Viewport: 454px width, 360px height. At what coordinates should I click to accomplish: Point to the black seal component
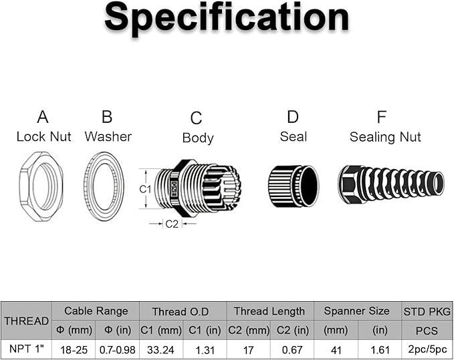pyautogui.click(x=294, y=186)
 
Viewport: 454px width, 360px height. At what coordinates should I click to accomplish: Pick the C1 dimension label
pyautogui.click(x=145, y=189)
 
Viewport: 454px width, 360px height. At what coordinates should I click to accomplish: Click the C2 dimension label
pyautogui.click(x=172, y=224)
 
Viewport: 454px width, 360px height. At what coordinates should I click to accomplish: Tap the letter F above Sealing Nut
pyautogui.click(x=381, y=117)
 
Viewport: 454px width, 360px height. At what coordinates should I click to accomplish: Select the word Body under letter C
pyautogui.click(x=198, y=138)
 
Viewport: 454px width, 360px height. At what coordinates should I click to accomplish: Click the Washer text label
pyautogui.click(x=108, y=136)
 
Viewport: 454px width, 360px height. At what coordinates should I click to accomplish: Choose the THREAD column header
pyautogui.click(x=26, y=321)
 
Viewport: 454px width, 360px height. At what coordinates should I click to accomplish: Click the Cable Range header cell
pyautogui.click(x=96, y=311)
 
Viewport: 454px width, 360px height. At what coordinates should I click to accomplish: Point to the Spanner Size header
pyautogui.click(x=356, y=311)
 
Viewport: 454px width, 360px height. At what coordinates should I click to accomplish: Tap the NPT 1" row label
pyautogui.click(x=26, y=349)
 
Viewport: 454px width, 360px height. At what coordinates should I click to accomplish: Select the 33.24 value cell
pyautogui.click(x=160, y=350)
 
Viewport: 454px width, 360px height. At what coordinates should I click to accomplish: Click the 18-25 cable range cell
pyautogui.click(x=74, y=350)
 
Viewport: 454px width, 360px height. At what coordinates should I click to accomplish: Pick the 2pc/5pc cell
pyautogui.click(x=427, y=349)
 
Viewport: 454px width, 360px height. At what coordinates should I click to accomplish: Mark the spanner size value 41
pyautogui.click(x=336, y=350)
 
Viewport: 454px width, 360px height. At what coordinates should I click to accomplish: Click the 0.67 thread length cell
pyautogui.click(x=292, y=350)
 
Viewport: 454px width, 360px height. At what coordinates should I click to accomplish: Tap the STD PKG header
pyautogui.click(x=427, y=311)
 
